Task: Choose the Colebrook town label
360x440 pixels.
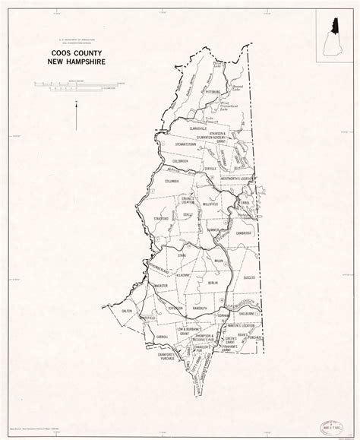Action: tap(179, 160)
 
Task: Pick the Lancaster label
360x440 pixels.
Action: tap(162, 285)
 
